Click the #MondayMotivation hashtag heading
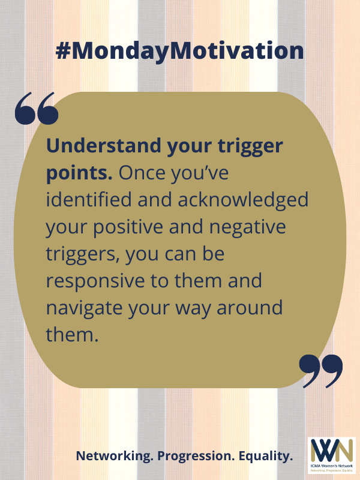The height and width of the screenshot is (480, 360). [179, 51]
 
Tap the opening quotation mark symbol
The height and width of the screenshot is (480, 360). [37, 108]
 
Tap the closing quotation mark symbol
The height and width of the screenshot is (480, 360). [321, 371]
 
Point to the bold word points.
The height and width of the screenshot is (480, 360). [79, 173]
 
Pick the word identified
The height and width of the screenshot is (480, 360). [89, 199]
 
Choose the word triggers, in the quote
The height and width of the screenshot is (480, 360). [83, 254]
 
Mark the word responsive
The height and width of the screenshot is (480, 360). [95, 281]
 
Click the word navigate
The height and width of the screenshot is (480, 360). [84, 308]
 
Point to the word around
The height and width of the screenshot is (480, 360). [250, 307]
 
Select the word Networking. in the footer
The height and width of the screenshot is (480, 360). [115, 456]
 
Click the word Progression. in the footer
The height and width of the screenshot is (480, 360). [196, 456]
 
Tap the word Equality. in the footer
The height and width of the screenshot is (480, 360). [266, 456]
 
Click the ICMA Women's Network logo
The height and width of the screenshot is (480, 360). [332, 455]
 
